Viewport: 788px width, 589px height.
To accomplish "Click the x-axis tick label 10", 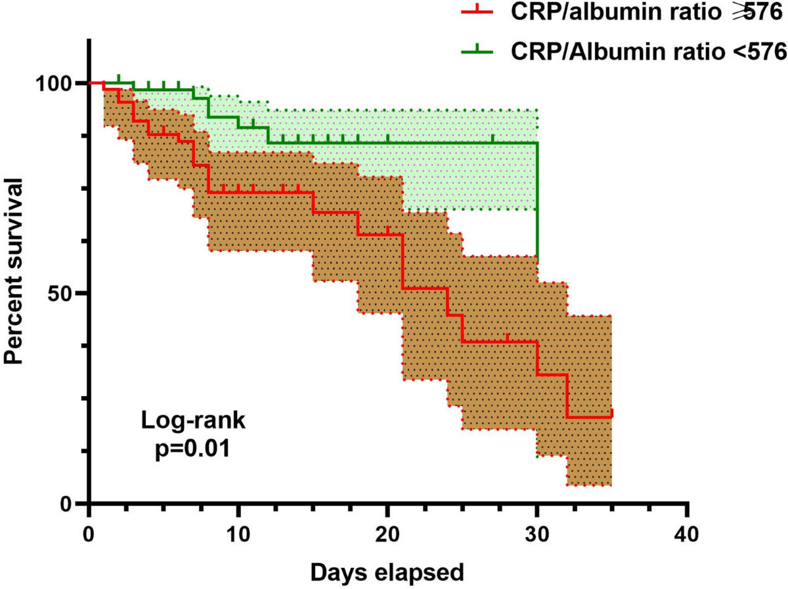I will (x=238, y=531).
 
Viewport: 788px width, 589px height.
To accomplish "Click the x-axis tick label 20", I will (x=387, y=531).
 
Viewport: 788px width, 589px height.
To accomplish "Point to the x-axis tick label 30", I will (x=537, y=531).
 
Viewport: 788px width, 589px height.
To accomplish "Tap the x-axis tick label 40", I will (x=687, y=531).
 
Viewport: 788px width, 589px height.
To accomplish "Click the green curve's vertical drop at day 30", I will (x=537, y=197).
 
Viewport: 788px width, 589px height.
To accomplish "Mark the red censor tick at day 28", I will (x=508, y=338).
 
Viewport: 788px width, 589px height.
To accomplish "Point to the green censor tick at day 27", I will (x=492, y=138).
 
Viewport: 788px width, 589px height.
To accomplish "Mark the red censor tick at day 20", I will (x=387, y=230).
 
